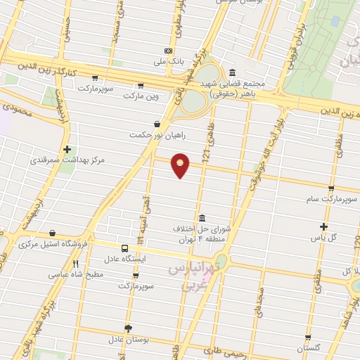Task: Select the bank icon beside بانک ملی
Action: (x=168, y=51)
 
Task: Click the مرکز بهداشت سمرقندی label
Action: (x=67, y=160)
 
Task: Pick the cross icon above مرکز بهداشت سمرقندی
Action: (x=67, y=149)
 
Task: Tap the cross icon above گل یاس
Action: (x=323, y=226)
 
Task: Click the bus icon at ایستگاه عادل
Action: (x=124, y=249)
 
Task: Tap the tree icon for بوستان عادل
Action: (x=127, y=328)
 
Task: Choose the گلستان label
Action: (x=308, y=348)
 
